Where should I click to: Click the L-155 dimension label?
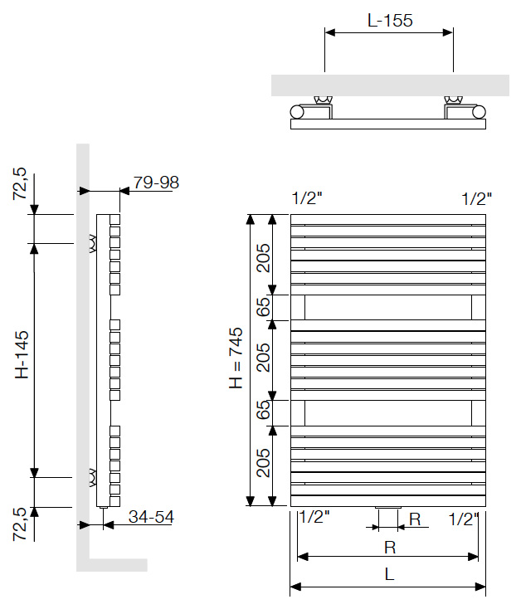390,21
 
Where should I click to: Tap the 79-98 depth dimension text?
156,183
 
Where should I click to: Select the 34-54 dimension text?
151,517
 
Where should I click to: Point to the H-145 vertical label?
22,354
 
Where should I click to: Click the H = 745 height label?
236,358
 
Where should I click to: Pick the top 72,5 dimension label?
20,183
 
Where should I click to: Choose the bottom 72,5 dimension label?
20,524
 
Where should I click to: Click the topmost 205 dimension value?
263,258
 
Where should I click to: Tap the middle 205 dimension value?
263,358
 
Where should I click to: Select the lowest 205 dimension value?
263,463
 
